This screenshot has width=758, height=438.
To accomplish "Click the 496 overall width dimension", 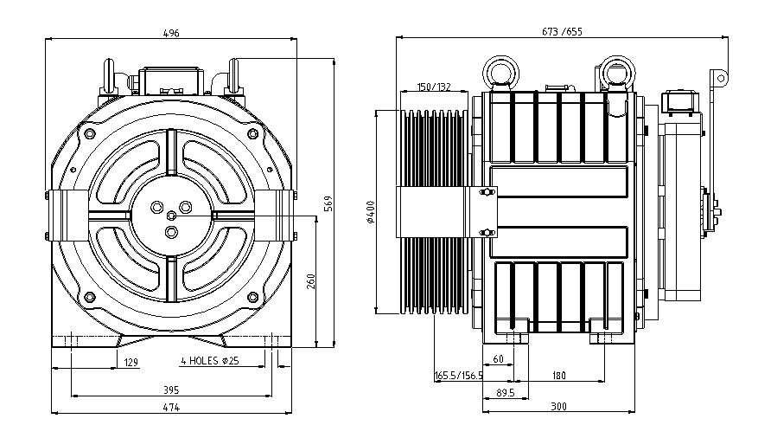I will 171,33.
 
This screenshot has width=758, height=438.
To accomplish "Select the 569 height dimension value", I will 329,203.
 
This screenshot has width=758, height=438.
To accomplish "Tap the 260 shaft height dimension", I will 310,280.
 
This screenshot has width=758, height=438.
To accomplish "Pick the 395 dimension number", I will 171,390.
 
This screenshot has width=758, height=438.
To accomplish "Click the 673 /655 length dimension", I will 562,32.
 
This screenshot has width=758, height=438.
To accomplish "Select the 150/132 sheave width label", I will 434,87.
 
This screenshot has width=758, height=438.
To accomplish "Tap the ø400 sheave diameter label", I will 369,212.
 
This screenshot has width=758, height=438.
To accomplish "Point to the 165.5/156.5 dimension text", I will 458,376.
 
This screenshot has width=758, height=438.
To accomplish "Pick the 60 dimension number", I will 498,358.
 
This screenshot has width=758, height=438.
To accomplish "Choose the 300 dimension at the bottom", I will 560,407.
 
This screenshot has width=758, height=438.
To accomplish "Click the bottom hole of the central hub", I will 171,231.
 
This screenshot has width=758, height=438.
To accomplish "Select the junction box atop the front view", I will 170,80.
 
